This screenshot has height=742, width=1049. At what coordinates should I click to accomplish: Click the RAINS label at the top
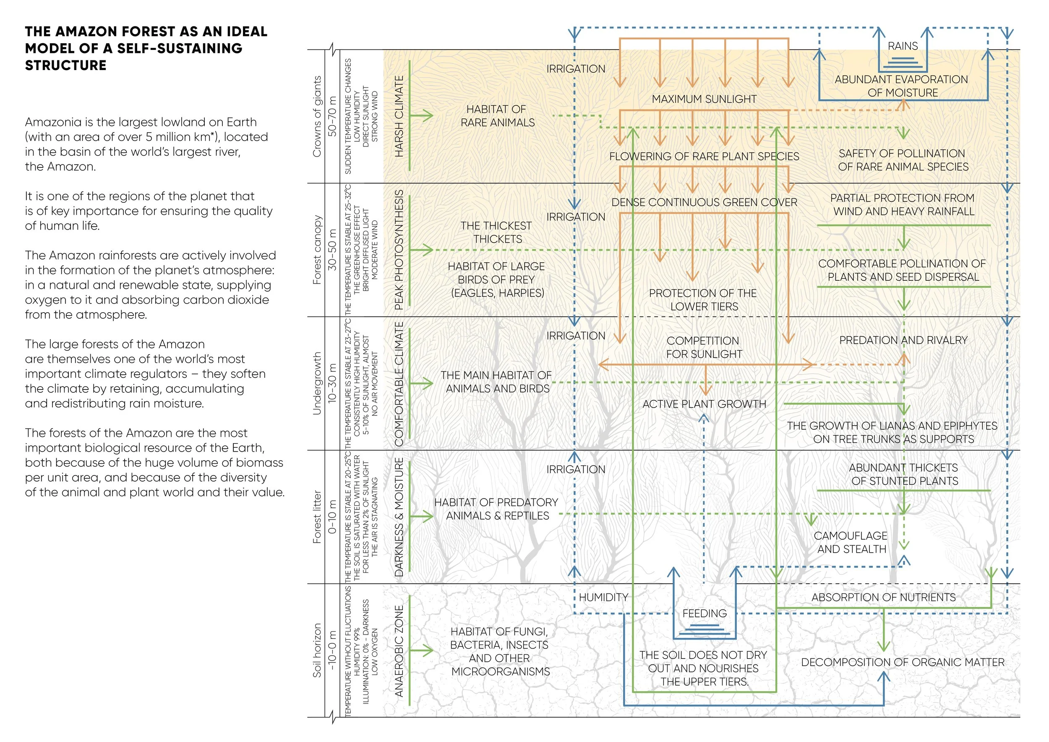point(902,46)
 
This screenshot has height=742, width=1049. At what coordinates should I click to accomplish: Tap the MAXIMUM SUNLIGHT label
point(704,99)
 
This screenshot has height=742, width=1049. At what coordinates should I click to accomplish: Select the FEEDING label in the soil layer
point(704,613)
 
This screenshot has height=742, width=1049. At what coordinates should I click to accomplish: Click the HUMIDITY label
point(603,597)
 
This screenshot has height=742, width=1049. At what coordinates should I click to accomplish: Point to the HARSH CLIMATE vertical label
point(399,116)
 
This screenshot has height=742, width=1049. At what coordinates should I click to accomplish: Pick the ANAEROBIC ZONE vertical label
point(399,651)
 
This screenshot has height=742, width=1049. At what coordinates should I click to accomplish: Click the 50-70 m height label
point(332,116)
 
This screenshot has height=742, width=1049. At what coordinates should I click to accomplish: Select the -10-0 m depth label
point(332,651)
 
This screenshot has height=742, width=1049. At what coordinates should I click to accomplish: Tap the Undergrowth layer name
point(317,383)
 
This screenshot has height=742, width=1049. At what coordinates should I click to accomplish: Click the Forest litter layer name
point(317,517)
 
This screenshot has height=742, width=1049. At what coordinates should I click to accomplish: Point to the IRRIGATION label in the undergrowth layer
point(576,336)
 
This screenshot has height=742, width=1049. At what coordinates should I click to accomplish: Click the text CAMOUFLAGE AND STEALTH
point(851,542)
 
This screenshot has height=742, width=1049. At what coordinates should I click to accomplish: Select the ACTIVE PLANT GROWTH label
point(704,404)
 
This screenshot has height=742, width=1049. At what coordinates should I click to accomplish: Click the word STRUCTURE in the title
point(66,66)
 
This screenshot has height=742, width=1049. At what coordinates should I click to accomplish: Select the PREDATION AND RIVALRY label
point(903,340)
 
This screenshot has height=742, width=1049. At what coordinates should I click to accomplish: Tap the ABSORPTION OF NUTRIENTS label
point(883,597)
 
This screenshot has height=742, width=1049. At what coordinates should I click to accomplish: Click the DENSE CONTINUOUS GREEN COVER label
point(704,202)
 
